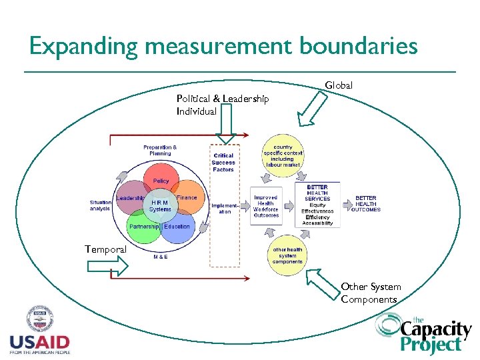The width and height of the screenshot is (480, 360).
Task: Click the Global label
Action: [339, 85]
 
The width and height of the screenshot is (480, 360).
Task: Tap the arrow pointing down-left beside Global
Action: [311, 109]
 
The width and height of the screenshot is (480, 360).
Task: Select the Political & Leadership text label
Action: [223, 99]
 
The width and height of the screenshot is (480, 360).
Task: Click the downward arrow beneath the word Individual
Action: [226, 127]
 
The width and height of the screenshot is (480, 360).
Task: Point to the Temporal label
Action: [105, 249]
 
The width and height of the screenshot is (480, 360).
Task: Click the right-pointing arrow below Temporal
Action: [107, 267]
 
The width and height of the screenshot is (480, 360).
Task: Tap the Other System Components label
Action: [371, 293]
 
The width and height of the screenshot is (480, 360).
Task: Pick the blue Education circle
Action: [179, 227]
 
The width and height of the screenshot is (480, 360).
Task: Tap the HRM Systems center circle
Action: [160, 205]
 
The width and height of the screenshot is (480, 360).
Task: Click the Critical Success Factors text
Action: [223, 163]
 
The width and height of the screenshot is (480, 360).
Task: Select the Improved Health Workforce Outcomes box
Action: [266, 206]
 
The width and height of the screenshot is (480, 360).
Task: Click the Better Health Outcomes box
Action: [366, 203]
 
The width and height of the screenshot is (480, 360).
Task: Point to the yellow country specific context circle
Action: [283, 157]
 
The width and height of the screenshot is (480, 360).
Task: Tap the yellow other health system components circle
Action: [287, 255]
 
